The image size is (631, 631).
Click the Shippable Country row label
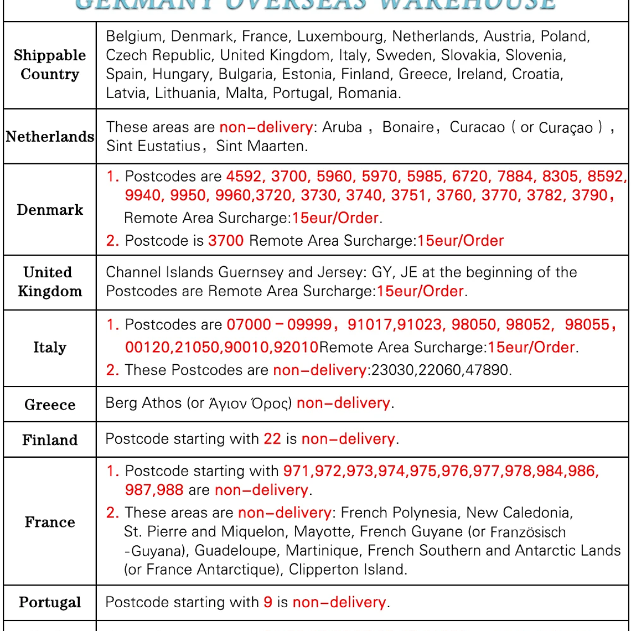tap(50, 65)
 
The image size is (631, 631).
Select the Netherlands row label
tap(50, 137)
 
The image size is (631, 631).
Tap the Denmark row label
tap(50, 210)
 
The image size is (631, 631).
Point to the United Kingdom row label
tap(50, 282)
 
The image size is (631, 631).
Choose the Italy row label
tap(50, 348)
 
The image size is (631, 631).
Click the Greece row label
tap(50, 405)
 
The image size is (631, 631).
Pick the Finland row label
tap(50, 440)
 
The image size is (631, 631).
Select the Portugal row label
tap(50, 602)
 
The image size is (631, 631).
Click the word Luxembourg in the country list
tap(342, 37)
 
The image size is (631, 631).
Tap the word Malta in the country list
tap(244, 93)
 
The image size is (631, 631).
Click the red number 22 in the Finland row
tap(272, 439)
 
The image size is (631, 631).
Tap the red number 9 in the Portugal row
tap(268, 602)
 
